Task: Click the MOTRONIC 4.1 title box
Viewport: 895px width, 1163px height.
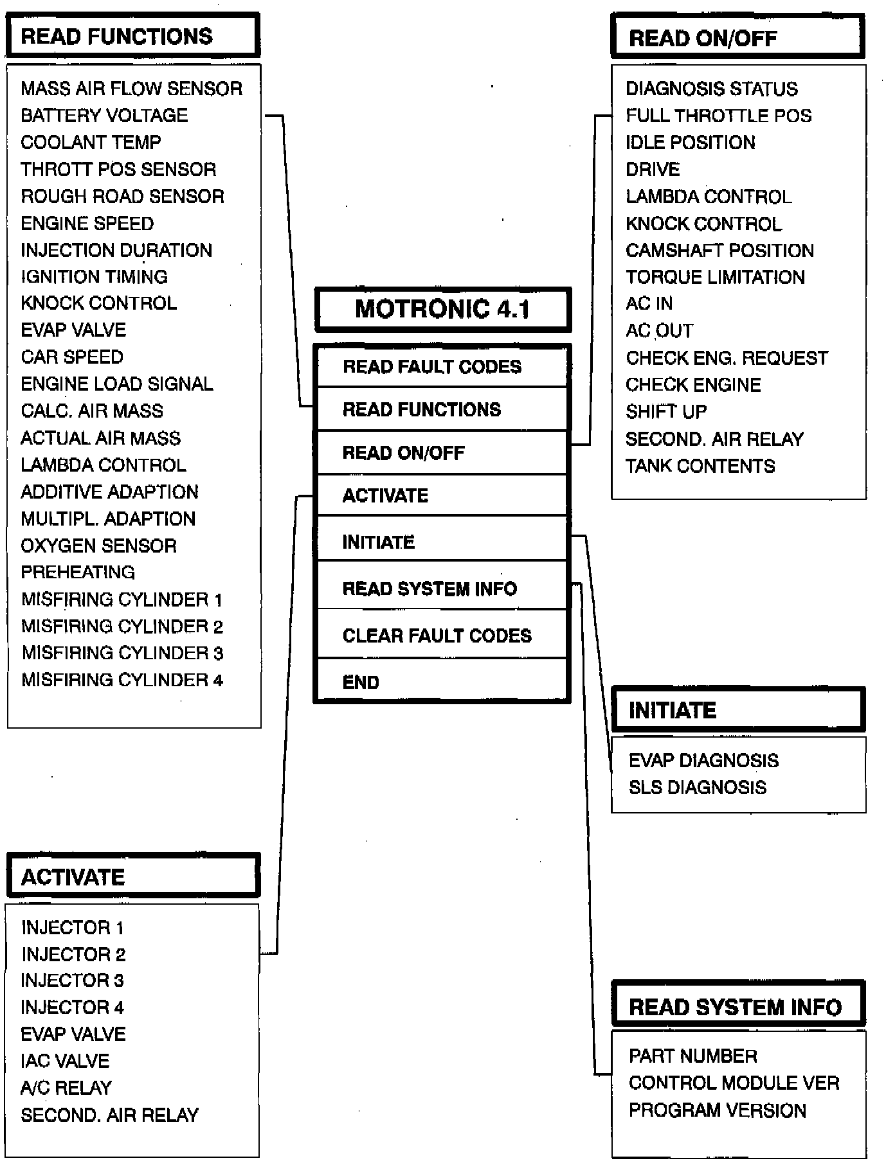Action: (x=442, y=309)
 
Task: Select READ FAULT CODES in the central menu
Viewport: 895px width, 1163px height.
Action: (x=432, y=366)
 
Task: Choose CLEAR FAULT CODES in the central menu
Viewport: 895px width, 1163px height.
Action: (x=437, y=635)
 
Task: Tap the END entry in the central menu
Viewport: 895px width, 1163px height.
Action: (x=361, y=682)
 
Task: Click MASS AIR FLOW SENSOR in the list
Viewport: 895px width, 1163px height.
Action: (x=131, y=88)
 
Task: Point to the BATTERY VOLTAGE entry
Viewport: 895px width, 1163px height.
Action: (x=104, y=115)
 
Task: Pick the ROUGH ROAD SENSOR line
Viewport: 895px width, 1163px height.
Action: (x=122, y=196)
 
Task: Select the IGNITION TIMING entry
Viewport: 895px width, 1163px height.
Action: (x=94, y=276)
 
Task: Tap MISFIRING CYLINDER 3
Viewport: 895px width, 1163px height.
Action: (x=122, y=653)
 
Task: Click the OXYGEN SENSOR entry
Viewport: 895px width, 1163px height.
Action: (x=98, y=546)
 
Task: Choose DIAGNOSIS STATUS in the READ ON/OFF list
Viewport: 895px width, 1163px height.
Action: (x=711, y=88)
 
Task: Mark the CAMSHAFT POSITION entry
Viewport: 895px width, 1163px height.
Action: (x=719, y=250)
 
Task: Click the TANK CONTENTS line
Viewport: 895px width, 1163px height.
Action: (x=700, y=466)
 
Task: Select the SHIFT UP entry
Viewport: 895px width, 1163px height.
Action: (x=666, y=411)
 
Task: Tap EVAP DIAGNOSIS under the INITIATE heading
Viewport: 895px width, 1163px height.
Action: (x=703, y=761)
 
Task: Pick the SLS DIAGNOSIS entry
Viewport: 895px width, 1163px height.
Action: (x=697, y=787)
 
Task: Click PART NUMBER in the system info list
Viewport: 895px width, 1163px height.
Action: (x=692, y=1056)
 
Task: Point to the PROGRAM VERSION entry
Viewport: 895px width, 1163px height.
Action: (x=717, y=1110)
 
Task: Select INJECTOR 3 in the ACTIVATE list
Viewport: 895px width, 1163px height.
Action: (x=72, y=981)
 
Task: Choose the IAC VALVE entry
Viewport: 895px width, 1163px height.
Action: (x=65, y=1061)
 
